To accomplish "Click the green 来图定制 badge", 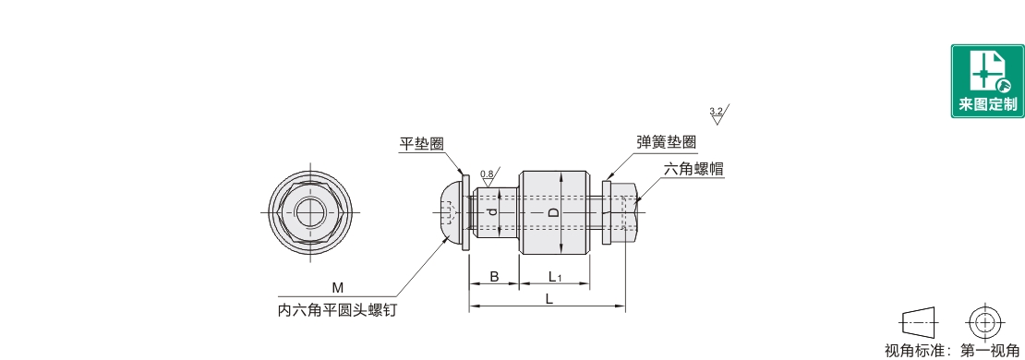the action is pos(987,81).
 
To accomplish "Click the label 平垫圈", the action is pos(422,144).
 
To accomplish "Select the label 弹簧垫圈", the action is pos(666,142).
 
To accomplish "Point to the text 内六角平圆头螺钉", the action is pos(337,310).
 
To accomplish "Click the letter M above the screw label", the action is pos(337,288).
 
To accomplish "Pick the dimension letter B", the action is pos(494,277).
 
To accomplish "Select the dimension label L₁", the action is pos(555,278).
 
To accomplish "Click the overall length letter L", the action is pos(549,298).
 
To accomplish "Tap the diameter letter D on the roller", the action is pos(553,212).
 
